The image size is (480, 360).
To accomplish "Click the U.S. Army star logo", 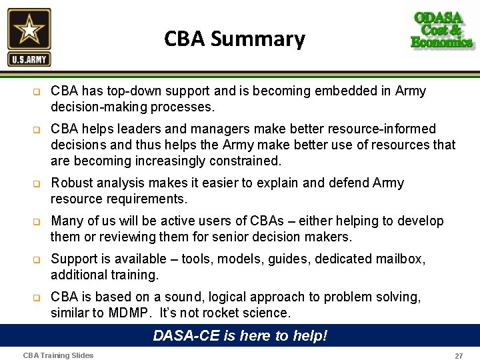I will pyautogui.click(x=29, y=37).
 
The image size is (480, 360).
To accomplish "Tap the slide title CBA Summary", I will pyautogui.click(x=235, y=39).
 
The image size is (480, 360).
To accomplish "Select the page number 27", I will pyautogui.click(x=459, y=356).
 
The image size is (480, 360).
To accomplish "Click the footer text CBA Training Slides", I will pyautogui.click(x=58, y=355).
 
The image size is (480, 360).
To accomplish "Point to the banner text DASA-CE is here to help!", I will pyautogui.click(x=240, y=335).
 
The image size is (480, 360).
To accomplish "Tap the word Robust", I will pyautogui.click(x=72, y=183).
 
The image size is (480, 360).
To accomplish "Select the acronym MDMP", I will pyautogui.click(x=127, y=313).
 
